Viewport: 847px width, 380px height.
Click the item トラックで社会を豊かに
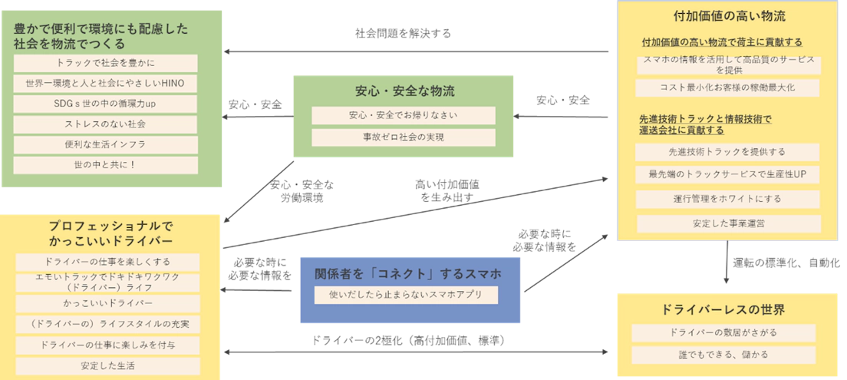[105, 62]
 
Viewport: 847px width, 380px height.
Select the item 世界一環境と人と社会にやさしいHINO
[105, 83]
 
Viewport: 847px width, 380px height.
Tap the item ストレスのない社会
[105, 124]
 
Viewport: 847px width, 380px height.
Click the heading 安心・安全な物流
[404, 91]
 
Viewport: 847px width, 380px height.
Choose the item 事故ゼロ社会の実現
[403, 137]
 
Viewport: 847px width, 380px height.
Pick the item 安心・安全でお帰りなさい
[403, 116]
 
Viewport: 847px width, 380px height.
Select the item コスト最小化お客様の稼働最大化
[727, 88]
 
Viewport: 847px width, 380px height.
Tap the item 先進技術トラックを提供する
[727, 152]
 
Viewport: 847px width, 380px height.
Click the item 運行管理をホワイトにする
[727, 199]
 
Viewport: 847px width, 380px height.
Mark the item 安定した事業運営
[727, 224]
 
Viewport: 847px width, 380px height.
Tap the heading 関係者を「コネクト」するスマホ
[407, 274]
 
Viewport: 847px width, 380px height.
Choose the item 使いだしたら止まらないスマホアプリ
[406, 295]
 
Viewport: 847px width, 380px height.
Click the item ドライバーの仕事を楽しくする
[107, 262]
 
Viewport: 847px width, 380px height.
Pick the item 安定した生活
[107, 365]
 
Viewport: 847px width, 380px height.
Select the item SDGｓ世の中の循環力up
[105, 104]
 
